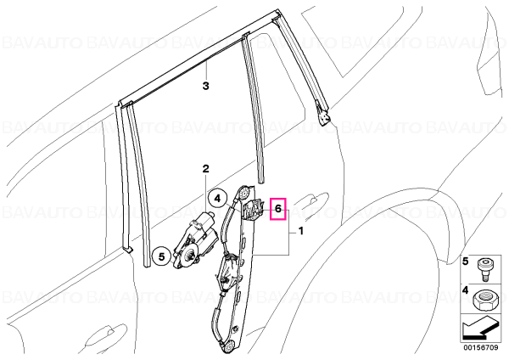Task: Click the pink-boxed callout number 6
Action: (278, 209)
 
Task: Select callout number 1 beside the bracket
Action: (301, 231)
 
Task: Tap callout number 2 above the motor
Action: (205, 169)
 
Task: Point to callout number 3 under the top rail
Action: (205, 86)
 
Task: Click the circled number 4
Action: (217, 198)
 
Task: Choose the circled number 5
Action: (162, 256)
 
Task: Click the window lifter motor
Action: (196, 239)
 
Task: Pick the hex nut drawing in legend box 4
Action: (483, 300)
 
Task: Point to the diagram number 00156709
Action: (480, 348)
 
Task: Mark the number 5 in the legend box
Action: (466, 261)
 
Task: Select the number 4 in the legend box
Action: (466, 290)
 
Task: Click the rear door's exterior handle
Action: (312, 200)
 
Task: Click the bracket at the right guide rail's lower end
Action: (324, 116)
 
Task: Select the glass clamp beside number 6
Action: (253, 210)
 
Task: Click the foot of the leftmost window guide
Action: (127, 248)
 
